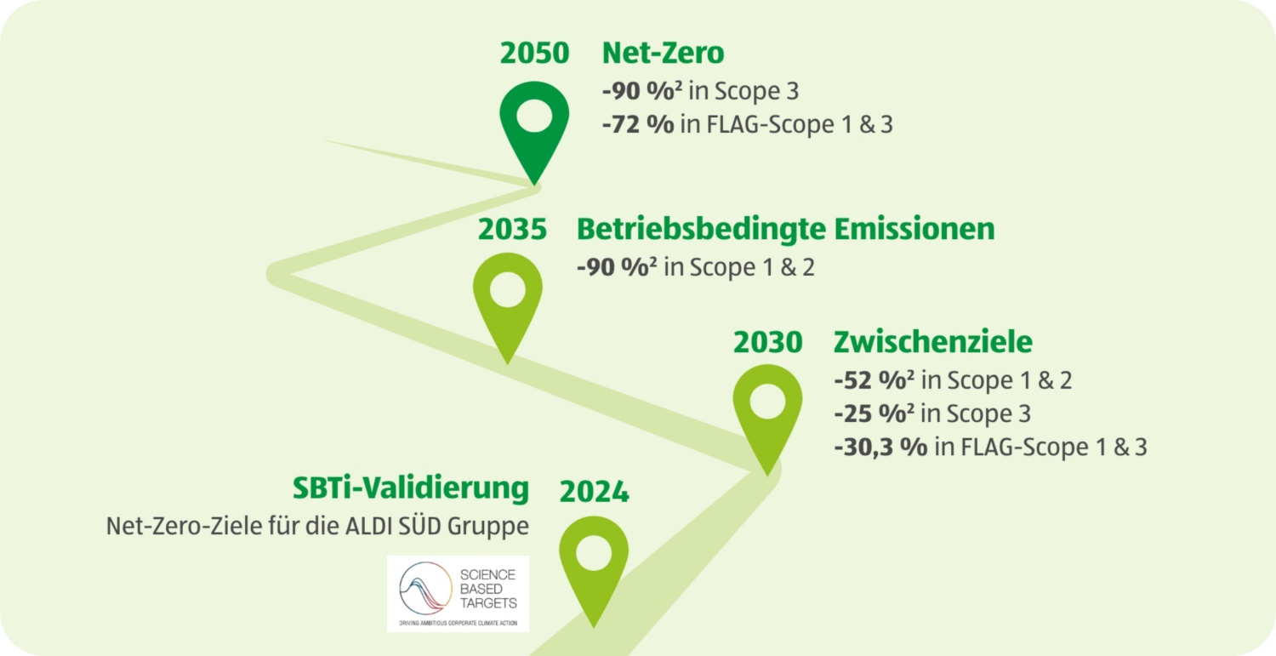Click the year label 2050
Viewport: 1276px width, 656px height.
534,53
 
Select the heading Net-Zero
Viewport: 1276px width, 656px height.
663,53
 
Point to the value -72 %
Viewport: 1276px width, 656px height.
638,124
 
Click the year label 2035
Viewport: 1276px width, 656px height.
512,229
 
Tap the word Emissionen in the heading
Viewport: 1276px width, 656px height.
914,229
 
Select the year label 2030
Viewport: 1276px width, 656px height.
768,342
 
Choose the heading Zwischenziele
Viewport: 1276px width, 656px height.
933,342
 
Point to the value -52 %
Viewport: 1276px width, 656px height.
874,380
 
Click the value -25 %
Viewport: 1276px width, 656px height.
874,414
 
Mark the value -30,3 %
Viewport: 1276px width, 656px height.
880,447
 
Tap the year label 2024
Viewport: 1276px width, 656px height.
594,492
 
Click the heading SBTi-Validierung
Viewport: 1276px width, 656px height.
411,488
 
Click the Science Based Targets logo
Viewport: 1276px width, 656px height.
458,594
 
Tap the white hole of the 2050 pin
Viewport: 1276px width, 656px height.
534,116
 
